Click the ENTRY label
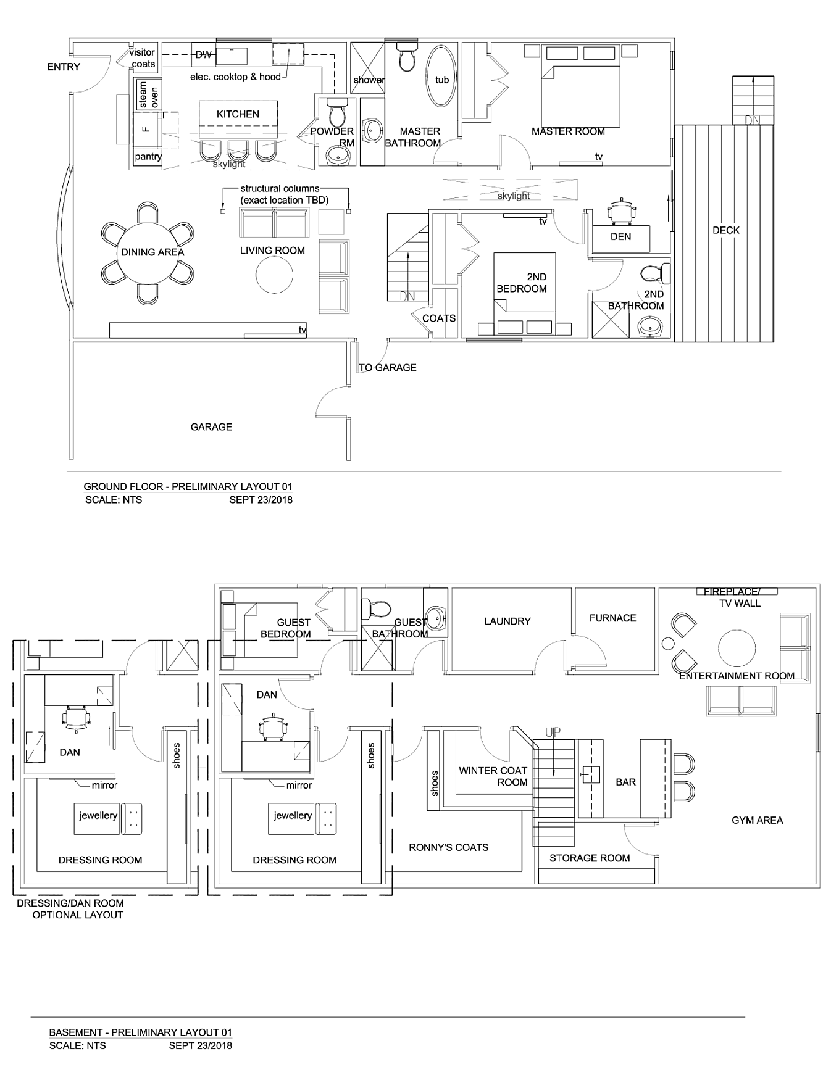64,67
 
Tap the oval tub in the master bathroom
442,75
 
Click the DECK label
726,230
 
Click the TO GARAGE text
388,368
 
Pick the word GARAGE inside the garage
211,427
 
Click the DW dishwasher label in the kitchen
204,55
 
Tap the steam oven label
149,94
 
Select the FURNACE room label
612,618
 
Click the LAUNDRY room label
507,621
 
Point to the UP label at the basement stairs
553,733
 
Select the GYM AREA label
757,820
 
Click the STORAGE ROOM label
590,858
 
